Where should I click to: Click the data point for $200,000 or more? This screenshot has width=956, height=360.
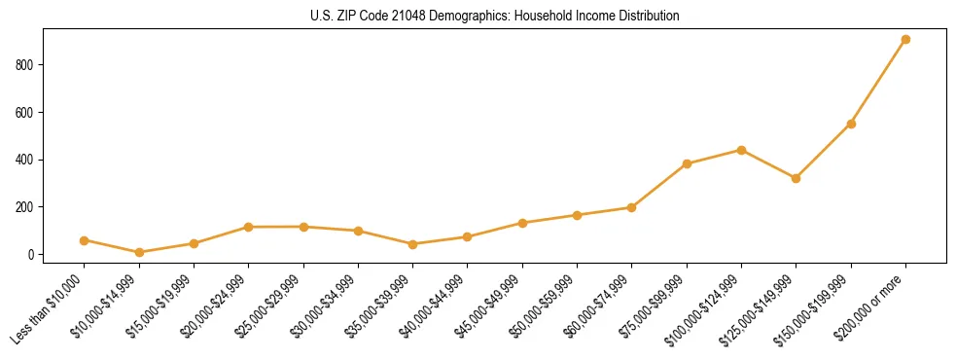tap(905, 40)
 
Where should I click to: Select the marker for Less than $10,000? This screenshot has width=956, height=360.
tap(85, 240)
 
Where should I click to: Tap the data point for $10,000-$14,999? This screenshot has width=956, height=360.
tap(139, 253)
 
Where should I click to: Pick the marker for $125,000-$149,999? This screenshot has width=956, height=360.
tap(796, 178)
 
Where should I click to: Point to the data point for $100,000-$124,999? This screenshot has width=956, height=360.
tap(741, 150)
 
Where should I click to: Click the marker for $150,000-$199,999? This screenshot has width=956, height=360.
tap(851, 124)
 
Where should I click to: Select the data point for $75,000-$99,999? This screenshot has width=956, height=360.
tap(687, 163)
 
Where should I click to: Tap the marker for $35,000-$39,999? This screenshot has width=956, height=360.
tap(412, 244)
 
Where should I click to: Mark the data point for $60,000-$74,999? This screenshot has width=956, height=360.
tap(631, 207)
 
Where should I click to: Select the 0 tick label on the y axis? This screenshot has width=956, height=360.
tap(32, 255)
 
